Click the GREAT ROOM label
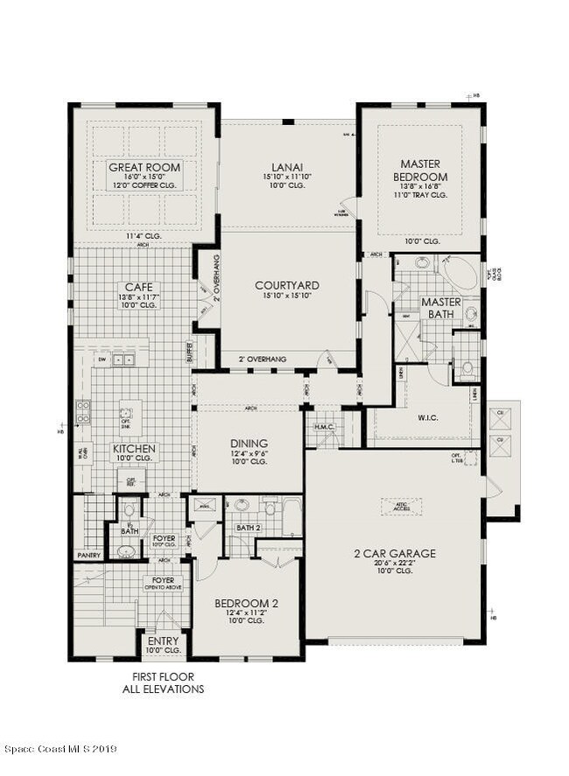point(144,167)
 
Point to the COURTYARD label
point(287,285)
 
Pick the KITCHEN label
point(134,449)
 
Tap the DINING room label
point(249,444)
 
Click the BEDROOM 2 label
point(246,603)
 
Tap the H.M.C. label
point(323,427)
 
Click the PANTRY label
point(88,556)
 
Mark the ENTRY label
point(163,641)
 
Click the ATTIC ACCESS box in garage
point(402,507)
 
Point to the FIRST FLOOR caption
point(163,677)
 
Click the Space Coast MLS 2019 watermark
point(60,749)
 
